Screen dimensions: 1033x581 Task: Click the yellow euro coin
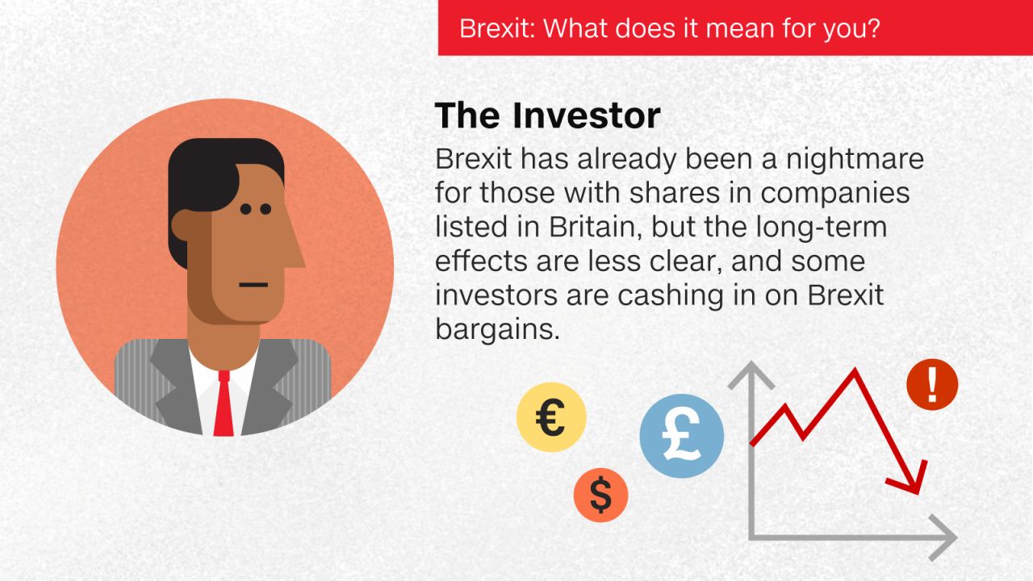551,417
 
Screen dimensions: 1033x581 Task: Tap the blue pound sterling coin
682,436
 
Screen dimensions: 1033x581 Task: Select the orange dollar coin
601,495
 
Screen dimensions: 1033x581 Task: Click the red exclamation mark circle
932,385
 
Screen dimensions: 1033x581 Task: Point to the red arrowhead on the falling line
911,482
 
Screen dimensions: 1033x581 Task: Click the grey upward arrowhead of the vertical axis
751,374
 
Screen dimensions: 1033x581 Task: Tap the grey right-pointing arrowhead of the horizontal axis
943,537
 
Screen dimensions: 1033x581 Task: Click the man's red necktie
224,403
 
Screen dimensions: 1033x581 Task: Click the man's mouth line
253,285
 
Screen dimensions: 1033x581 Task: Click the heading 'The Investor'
547,115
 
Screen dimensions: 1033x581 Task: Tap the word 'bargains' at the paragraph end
497,330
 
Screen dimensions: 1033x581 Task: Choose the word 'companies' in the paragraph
834,194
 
